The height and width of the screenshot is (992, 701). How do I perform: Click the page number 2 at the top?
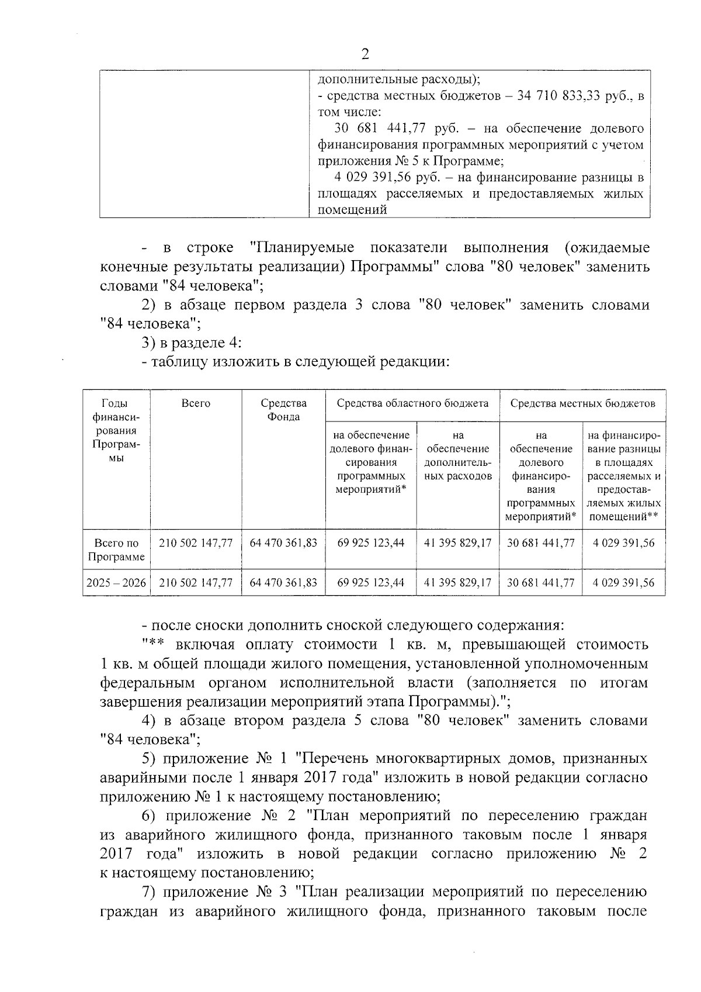coord(366,54)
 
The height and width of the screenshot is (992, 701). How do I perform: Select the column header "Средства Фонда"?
coord(283,410)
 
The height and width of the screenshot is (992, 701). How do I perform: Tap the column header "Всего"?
coord(196,403)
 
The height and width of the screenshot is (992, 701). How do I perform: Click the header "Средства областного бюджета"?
coord(412,403)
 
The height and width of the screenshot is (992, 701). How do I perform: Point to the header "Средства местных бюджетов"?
coord(582,403)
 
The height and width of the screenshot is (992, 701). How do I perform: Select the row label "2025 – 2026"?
coord(116,583)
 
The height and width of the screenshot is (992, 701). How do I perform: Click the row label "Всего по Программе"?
coord(116,550)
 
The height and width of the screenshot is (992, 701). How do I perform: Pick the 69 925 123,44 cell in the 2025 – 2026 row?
coord(371,583)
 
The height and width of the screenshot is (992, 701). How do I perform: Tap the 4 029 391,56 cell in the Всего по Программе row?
coord(623,543)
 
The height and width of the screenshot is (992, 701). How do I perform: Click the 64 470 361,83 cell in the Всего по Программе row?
coord(283,543)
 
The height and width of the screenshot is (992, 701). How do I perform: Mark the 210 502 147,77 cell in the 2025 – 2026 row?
coord(196,583)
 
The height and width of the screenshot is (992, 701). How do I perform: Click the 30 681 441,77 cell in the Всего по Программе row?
coord(541,543)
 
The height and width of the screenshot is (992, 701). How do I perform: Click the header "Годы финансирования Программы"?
coord(116,431)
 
